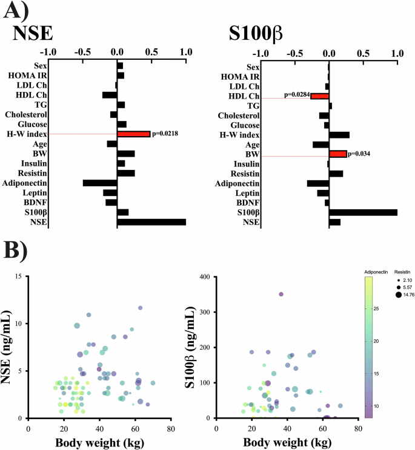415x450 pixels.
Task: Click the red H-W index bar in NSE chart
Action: pos(133,134)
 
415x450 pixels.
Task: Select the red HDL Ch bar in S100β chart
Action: pos(319,96)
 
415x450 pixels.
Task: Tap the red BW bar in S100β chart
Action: pos(338,154)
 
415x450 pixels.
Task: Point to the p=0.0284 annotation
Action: pos(297,96)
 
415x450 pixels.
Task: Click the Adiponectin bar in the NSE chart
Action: pos(100,183)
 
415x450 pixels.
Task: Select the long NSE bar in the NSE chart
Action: pos(151,222)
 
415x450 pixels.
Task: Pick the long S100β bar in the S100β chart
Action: pos(363,212)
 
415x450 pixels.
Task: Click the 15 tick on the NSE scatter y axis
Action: pos(19,276)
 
